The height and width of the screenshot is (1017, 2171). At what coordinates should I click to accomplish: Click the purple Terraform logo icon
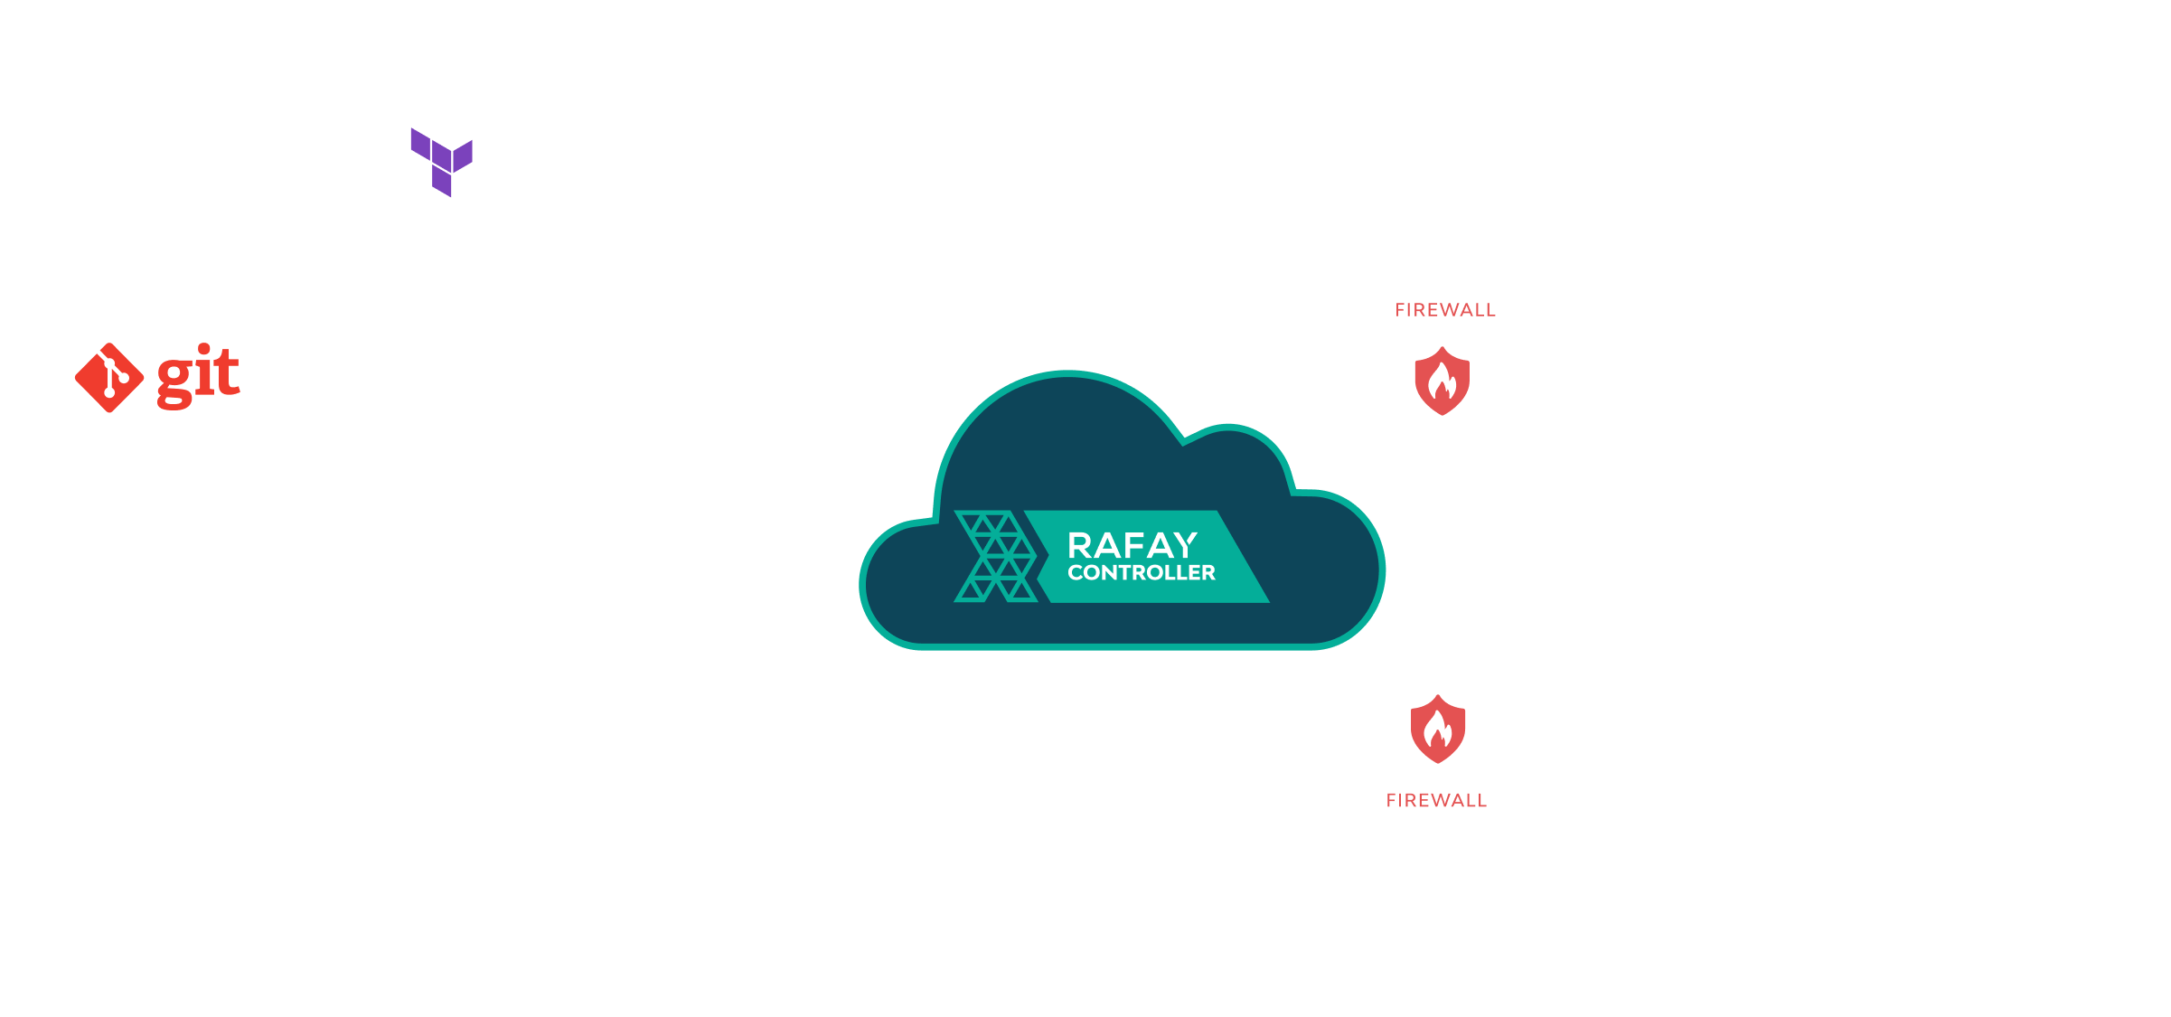(441, 162)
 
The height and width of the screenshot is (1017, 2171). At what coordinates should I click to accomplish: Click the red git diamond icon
(109, 378)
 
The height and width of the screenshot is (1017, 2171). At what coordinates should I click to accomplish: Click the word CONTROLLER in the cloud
(1142, 573)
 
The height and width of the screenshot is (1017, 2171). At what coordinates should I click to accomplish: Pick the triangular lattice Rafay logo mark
(994, 557)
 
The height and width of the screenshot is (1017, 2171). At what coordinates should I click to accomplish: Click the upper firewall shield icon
(1442, 381)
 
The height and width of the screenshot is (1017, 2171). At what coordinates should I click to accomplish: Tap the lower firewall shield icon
(1438, 729)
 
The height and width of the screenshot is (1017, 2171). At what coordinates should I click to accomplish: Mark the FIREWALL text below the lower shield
(1436, 800)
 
